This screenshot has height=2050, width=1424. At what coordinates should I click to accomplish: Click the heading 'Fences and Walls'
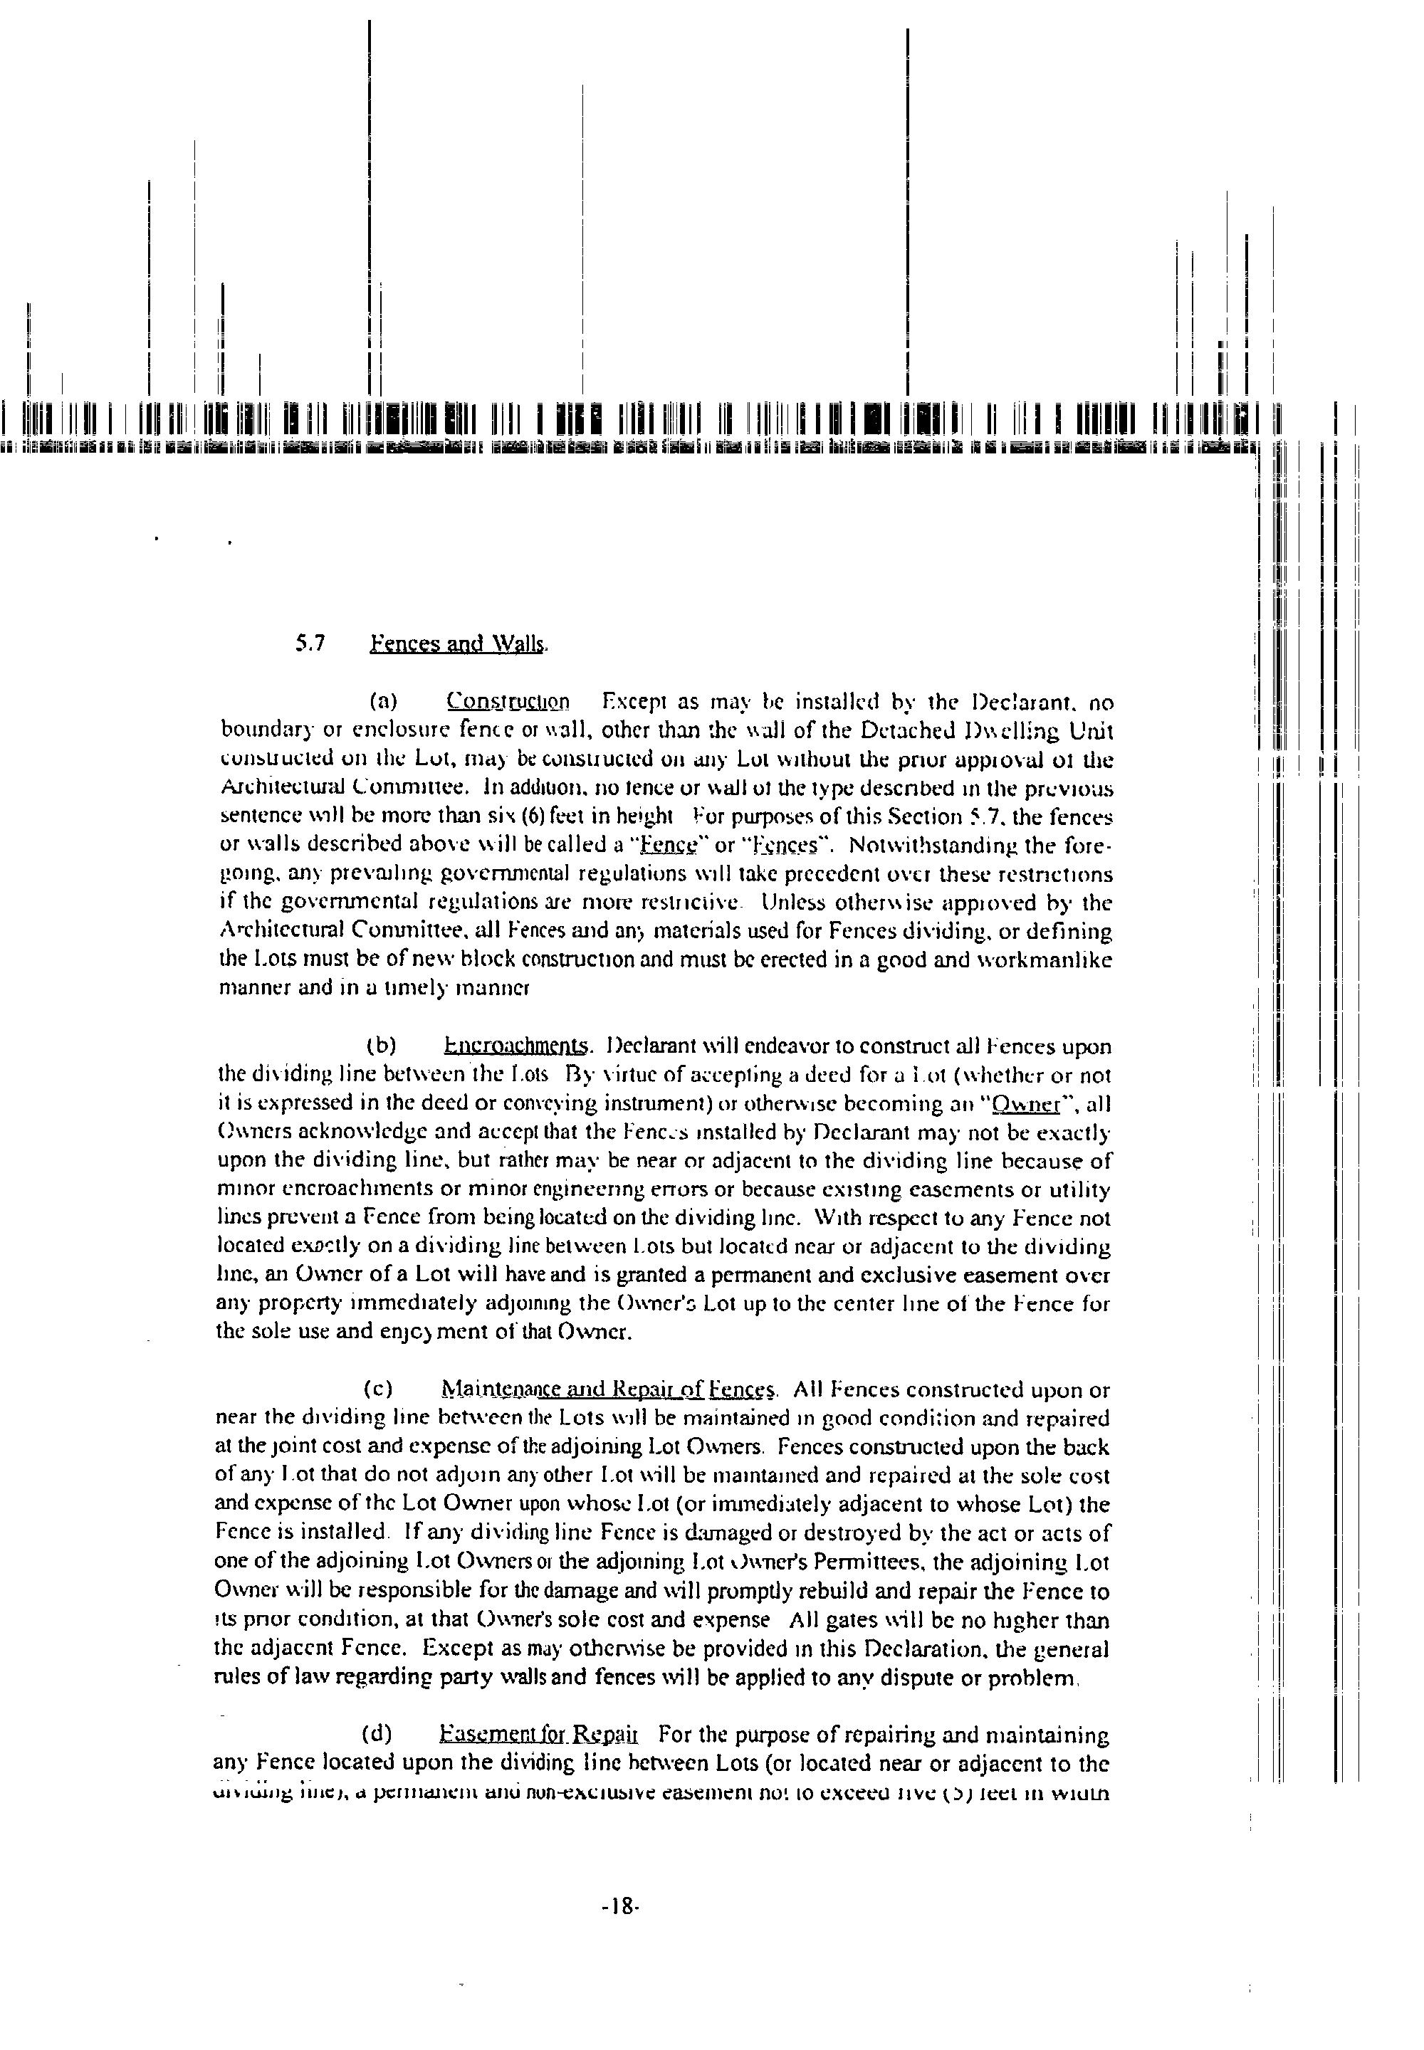(457, 643)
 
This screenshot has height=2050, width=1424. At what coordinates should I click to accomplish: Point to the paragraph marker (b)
(382, 1046)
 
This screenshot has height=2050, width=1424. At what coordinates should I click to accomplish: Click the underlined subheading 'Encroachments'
(517, 1046)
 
